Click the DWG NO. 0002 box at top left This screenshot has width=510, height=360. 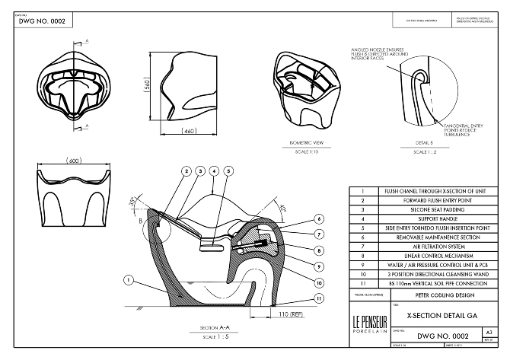pos(44,21)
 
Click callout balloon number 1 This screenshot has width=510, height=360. pos(129,280)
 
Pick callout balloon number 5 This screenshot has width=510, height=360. pos(228,170)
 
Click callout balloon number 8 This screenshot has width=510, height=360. pos(319,250)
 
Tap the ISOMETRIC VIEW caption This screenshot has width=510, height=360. pos(308,142)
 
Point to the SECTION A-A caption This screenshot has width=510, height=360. pos(199,327)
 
